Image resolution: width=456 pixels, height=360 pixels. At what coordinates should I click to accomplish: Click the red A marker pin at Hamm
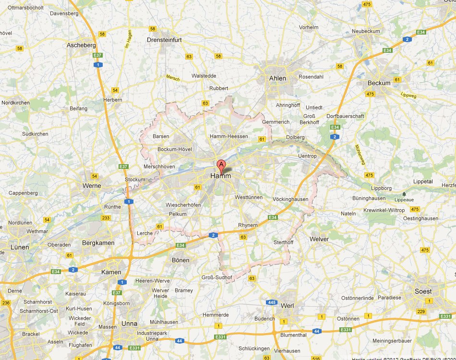tap(221, 166)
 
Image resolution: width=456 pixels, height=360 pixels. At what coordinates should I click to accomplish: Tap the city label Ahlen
tap(277, 78)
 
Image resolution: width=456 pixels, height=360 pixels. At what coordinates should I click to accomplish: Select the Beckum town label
tap(379, 83)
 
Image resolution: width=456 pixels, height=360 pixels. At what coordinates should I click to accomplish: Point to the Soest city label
tap(423, 291)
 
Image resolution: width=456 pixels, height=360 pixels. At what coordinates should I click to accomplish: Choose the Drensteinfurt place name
tap(164, 40)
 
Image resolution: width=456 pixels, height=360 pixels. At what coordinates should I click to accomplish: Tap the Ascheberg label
tap(81, 45)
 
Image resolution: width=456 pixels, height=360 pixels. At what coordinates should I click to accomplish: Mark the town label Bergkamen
tap(98, 243)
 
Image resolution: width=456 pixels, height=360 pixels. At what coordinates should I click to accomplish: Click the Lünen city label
tap(20, 247)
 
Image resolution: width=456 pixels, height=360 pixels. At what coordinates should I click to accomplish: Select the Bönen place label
tap(180, 260)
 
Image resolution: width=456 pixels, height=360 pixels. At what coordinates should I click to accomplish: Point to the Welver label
tap(319, 239)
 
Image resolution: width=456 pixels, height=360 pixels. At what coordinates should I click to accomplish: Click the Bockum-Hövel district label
tap(175, 149)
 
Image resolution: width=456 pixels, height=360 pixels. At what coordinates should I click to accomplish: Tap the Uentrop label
tap(307, 156)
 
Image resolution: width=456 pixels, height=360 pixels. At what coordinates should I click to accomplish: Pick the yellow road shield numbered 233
tap(106, 218)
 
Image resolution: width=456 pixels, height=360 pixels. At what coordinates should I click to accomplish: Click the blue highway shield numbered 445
tap(271, 302)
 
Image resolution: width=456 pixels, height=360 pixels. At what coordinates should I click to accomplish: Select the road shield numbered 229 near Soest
tap(421, 312)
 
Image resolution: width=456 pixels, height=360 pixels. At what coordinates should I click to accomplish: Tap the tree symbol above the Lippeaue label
tap(403, 194)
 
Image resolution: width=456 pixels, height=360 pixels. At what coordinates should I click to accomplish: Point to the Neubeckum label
tap(366, 31)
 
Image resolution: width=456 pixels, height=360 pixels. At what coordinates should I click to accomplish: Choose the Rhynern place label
tap(248, 225)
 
